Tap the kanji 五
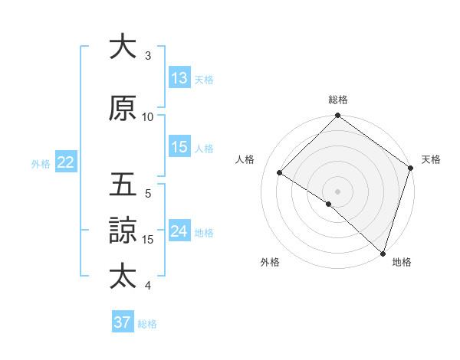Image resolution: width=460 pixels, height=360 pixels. click(123, 185)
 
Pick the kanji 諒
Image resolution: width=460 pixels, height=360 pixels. click(123, 230)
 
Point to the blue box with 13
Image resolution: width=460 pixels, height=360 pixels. click(179, 78)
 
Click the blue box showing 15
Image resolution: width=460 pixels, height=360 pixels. click(179, 148)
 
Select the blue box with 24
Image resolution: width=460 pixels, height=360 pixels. click(179, 231)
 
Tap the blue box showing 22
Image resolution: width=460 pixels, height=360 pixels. click(66, 162)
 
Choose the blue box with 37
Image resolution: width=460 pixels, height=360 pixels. click(123, 322)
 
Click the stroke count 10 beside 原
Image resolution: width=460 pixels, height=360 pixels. click(148, 116)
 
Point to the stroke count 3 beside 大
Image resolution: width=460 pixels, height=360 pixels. click(148, 55)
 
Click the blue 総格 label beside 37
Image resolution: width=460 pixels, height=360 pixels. click(147, 324)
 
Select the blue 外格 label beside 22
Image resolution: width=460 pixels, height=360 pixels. click(41, 163)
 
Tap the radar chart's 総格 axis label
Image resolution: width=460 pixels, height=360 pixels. click(337, 100)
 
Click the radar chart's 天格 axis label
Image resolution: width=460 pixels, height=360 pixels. click(431, 159)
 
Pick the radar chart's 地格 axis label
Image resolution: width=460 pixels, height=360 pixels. click(402, 262)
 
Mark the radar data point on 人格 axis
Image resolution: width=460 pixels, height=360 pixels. click(281, 173)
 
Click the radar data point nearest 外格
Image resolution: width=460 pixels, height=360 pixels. click(329, 204)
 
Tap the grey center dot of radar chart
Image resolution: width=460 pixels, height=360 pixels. click(337, 191)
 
